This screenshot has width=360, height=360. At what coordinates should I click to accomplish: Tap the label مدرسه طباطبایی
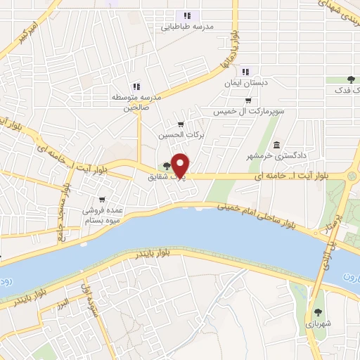(x=187, y=27)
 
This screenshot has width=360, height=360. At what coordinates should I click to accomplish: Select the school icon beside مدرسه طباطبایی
(x=187, y=15)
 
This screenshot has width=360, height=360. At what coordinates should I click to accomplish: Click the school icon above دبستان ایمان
(x=245, y=72)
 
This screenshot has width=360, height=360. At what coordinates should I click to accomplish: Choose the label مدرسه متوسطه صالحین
(x=136, y=102)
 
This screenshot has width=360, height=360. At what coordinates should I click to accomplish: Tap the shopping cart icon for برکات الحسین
(x=181, y=124)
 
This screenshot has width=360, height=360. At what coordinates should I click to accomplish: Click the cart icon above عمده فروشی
(x=103, y=199)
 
